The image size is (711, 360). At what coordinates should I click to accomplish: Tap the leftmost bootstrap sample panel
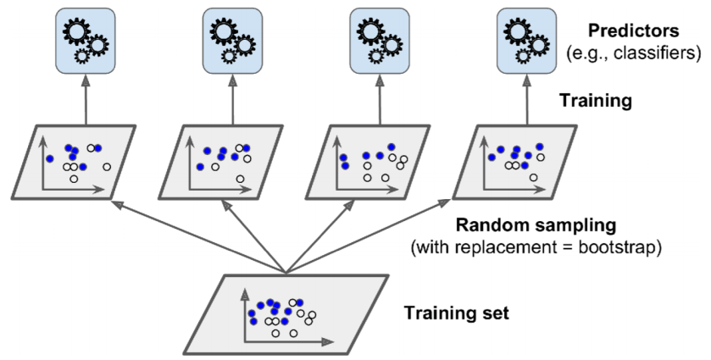75,161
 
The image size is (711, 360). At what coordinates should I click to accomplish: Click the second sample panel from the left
219,161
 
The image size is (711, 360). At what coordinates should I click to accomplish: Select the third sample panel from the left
366,161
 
